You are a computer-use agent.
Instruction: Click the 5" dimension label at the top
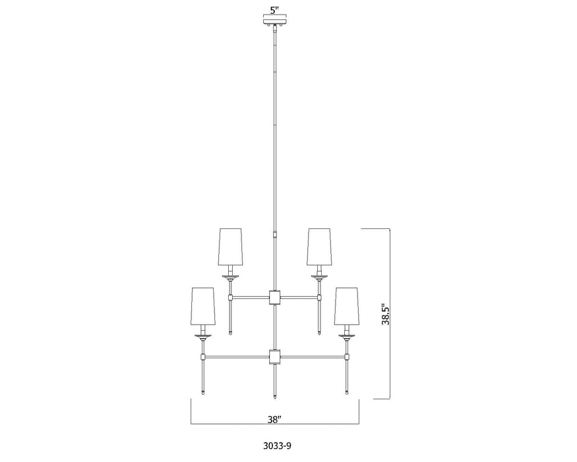click(275, 11)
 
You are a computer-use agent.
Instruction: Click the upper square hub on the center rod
click(274, 298)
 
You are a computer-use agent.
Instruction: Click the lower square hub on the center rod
click(274, 357)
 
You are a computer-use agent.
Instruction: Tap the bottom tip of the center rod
click(274, 397)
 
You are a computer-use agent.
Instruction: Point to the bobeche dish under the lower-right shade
click(346, 337)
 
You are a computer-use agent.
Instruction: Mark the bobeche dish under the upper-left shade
click(230, 277)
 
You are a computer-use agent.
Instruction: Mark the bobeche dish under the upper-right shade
click(319, 277)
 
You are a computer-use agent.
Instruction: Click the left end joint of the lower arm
click(202, 357)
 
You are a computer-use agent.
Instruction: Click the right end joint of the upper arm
click(319, 298)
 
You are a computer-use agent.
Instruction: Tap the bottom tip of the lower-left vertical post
click(202, 393)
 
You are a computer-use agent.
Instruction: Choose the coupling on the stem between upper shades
click(274, 234)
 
